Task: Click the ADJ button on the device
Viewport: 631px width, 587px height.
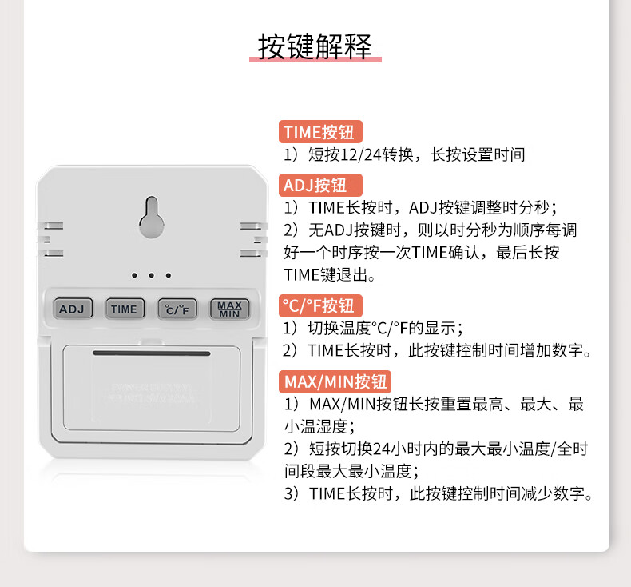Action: click(73, 309)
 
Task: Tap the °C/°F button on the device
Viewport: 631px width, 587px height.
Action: click(177, 309)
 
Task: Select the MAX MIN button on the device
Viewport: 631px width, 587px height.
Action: click(229, 309)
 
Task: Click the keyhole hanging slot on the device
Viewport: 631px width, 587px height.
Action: click(151, 218)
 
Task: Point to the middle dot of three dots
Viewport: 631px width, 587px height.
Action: click(151, 276)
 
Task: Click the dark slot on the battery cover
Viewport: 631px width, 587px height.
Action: click(151, 353)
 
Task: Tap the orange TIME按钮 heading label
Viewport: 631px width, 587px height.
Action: click(320, 132)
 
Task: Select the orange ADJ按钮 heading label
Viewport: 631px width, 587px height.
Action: click(320, 185)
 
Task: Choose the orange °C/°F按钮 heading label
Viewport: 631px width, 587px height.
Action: click(320, 305)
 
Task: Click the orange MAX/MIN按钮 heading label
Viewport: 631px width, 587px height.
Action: click(335, 381)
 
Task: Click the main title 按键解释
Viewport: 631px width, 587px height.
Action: click(315, 46)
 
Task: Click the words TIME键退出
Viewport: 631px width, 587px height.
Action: click(326, 275)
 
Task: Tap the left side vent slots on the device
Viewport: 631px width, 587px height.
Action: click(50, 239)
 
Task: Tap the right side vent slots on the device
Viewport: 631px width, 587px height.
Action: click(253, 239)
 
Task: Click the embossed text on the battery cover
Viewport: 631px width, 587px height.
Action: click(152, 393)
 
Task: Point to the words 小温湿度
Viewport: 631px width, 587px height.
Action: click(316, 426)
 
